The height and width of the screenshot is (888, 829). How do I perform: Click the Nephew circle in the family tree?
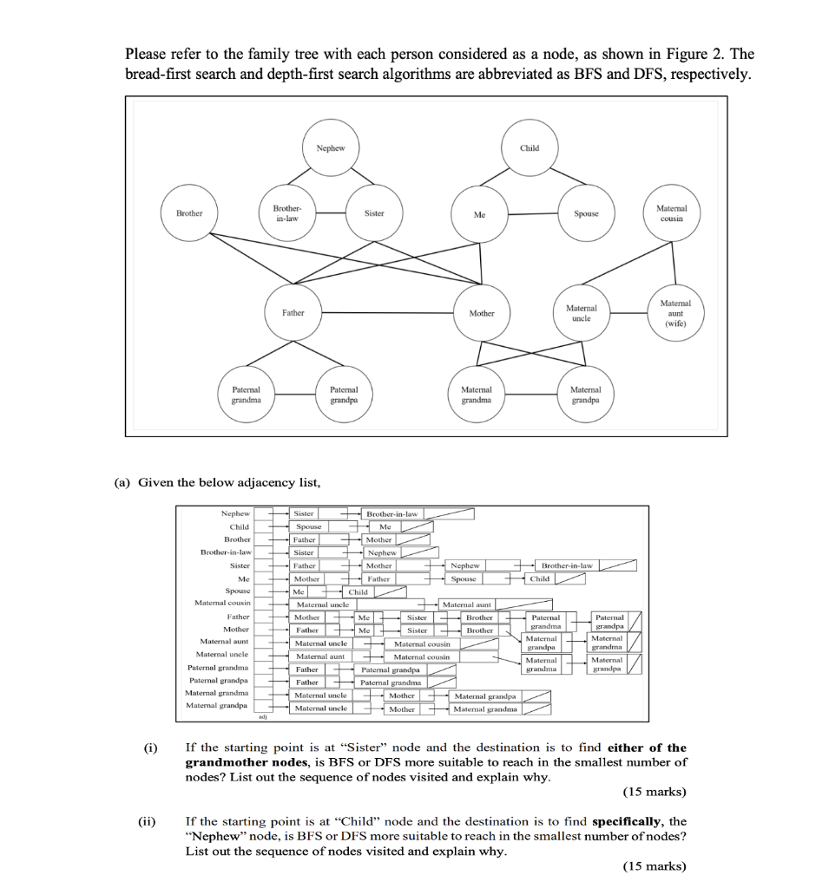pyautogui.click(x=331, y=148)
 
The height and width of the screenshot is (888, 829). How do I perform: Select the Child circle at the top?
pyautogui.click(x=530, y=148)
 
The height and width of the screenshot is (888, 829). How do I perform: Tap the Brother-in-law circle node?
pyautogui.click(x=286, y=213)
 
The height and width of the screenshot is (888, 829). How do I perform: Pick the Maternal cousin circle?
pyautogui.click(x=670, y=213)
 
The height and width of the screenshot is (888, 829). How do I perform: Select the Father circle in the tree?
pyautogui.click(x=293, y=313)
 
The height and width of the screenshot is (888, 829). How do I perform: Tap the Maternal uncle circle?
pyautogui.click(x=582, y=313)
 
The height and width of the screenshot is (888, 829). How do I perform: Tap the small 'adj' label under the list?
pyautogui.click(x=261, y=717)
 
